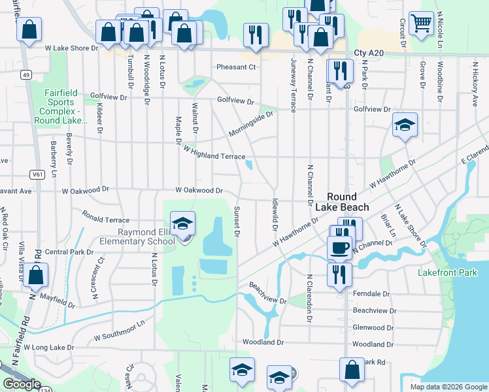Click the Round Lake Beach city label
point(341,202)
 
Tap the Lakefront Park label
point(448,272)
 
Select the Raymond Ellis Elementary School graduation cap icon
point(183,223)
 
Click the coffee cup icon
point(339,247)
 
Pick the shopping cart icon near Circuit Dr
point(422,23)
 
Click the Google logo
point(22,384)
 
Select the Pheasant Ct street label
point(236,67)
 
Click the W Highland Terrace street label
point(214,153)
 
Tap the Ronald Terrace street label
point(106,216)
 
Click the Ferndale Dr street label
point(371,294)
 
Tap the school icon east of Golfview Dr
point(405,124)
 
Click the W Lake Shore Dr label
point(71,48)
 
